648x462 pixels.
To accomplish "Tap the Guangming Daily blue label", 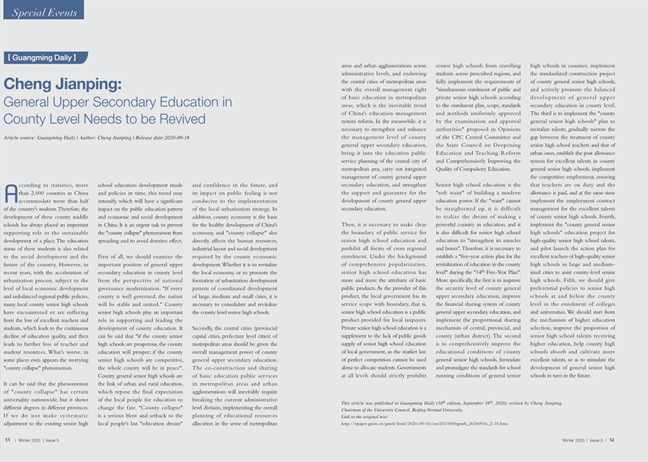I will pyautogui.click(x=45, y=57).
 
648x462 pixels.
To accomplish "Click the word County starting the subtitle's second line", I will pyautogui.click(x=24, y=118).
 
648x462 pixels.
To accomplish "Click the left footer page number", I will pyautogui.click(x=8, y=440).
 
